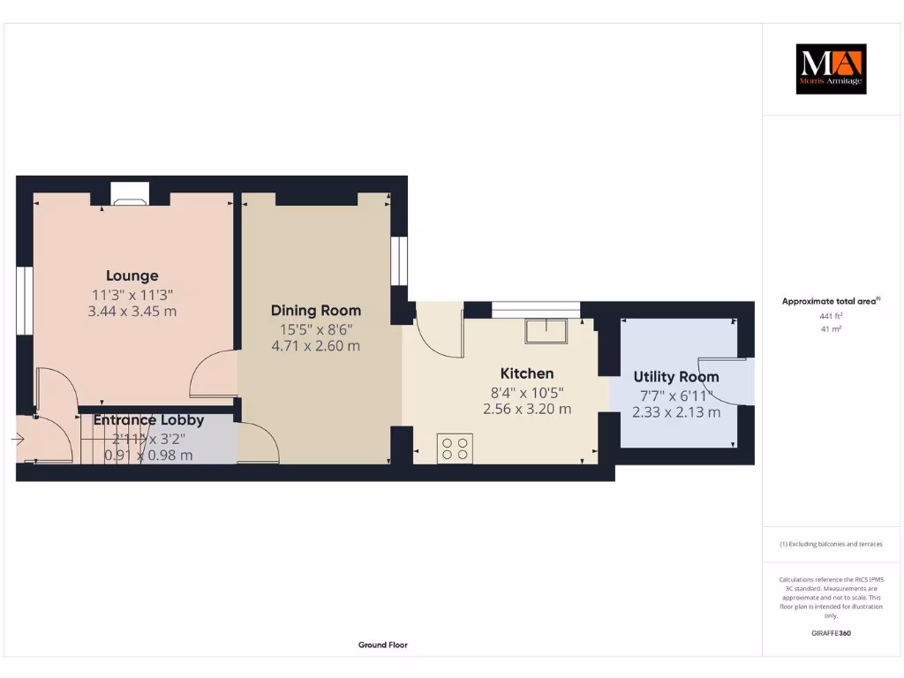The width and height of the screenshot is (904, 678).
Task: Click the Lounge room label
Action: pyautogui.click(x=132, y=275)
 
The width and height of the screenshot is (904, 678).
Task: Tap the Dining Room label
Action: pyautogui.click(x=315, y=310)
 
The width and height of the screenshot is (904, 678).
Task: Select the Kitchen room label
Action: pyautogui.click(x=527, y=373)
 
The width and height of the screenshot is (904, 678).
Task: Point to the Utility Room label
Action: pyautogui.click(x=676, y=377)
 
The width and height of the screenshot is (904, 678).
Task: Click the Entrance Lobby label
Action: pyautogui.click(x=148, y=420)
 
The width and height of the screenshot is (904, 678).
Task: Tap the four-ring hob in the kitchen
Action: pyautogui.click(x=456, y=448)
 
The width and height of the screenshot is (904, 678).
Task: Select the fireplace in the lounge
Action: pyautogui.click(x=130, y=196)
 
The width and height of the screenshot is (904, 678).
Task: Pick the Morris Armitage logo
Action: pyautogui.click(x=831, y=69)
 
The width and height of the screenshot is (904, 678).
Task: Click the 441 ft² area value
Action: pyautogui.click(x=831, y=315)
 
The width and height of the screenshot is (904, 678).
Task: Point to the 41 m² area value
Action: pyautogui.click(x=831, y=328)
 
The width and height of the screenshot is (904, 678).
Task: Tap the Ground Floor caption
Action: pyautogui.click(x=383, y=645)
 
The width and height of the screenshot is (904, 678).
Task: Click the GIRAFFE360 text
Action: pyautogui.click(x=831, y=633)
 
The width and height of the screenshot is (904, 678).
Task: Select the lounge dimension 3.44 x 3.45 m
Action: pyautogui.click(x=132, y=312)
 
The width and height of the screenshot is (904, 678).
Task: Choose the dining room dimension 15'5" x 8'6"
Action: pyautogui.click(x=315, y=328)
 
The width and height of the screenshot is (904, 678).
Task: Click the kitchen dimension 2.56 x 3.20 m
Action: pyautogui.click(x=527, y=409)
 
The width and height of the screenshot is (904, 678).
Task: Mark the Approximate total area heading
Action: pyautogui.click(x=830, y=301)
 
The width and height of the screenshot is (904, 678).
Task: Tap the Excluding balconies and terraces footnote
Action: pyautogui.click(x=831, y=545)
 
